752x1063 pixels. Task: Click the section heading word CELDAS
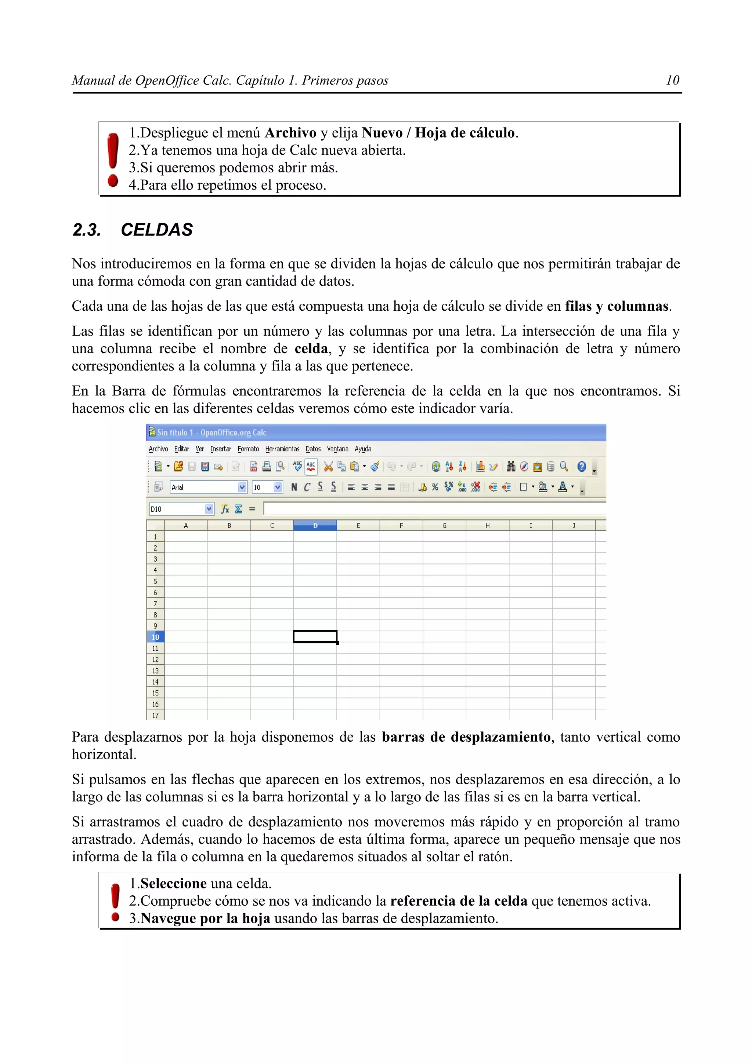[157, 230]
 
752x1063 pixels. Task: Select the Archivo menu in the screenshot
[158, 449]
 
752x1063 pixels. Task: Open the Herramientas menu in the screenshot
[282, 449]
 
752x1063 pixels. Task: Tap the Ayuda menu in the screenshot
[363, 449]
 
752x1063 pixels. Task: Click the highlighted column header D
[315, 526]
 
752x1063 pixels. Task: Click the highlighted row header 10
[155, 637]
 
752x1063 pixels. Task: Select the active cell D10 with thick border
[315, 637]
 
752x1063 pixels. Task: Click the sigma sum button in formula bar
[238, 509]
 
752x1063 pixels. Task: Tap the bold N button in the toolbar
[294, 487]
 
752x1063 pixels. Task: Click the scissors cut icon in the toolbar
[328, 467]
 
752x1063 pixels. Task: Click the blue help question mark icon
[582, 467]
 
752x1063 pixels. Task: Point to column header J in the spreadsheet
[574, 526]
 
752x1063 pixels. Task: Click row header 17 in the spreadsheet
[155, 715]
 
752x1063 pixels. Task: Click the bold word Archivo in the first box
[290, 133]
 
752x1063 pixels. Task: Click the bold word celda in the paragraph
[311, 348]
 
